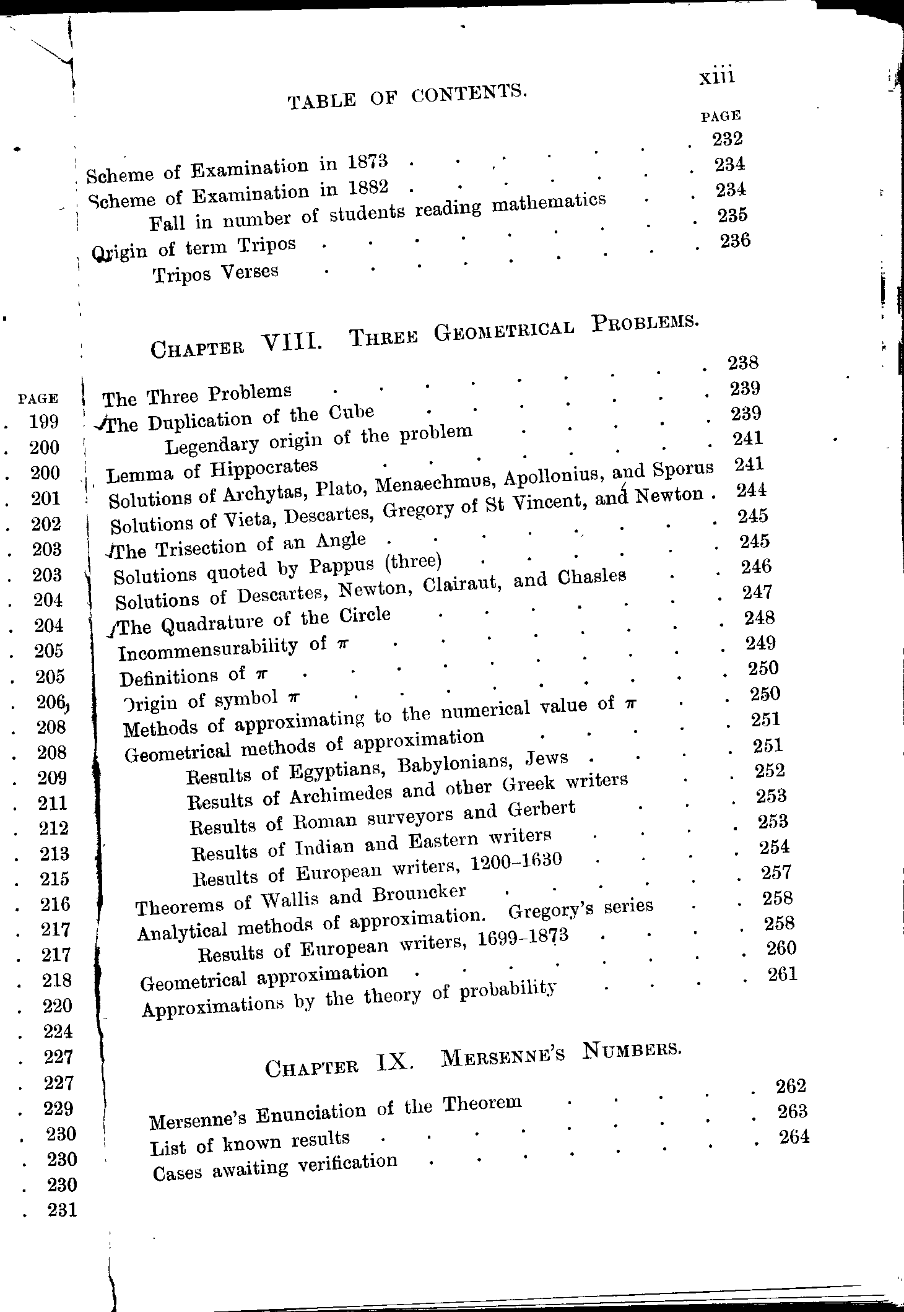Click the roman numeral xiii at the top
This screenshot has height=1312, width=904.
[716, 77]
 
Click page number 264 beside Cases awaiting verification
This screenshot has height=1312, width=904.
[793, 1137]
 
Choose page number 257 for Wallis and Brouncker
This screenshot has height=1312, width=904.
[776, 872]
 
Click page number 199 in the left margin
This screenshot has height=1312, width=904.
[44, 422]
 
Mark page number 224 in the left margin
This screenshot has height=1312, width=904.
[58, 1031]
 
